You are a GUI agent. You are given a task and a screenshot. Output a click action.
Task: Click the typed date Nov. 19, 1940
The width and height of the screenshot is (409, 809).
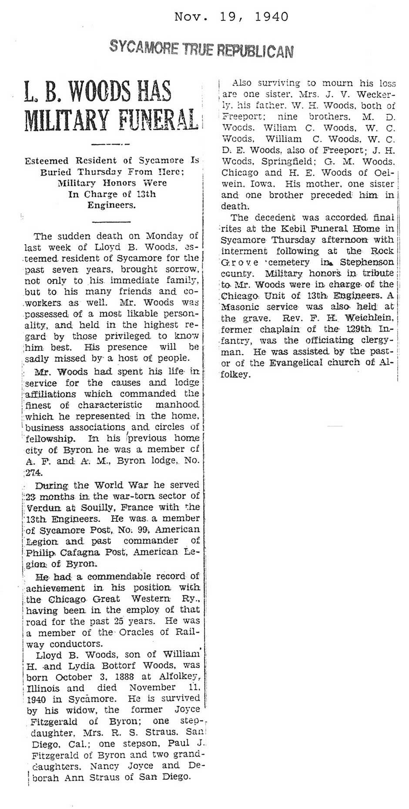pyautogui.click(x=231, y=17)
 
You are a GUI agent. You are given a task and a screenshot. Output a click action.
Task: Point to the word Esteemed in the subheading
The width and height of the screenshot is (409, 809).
pyautogui.click(x=46, y=160)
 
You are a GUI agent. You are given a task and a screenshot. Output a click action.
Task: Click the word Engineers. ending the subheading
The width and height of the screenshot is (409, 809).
pyautogui.click(x=111, y=205)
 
